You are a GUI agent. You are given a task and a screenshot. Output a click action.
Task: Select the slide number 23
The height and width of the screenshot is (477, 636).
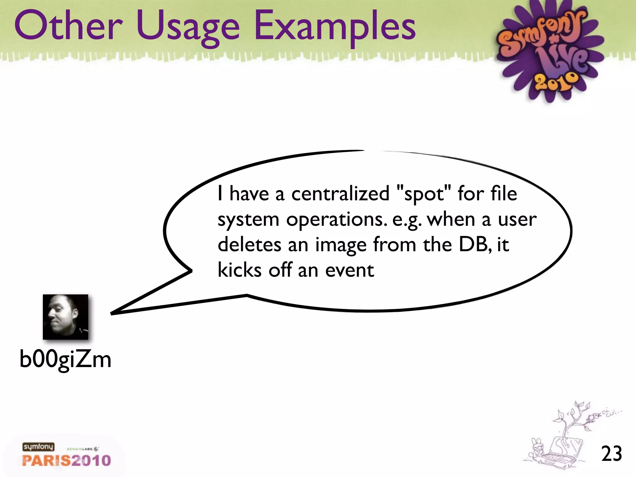point(611,454)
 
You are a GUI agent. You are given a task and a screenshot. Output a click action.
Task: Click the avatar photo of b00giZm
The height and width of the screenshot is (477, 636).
point(66,317)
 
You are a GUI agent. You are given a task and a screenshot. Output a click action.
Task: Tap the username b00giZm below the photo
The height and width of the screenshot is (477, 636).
point(65,360)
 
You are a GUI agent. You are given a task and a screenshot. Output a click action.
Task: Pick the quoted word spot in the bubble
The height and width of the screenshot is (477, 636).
point(424,194)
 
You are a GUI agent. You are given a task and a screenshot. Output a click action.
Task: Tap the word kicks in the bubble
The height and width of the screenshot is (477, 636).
point(239,270)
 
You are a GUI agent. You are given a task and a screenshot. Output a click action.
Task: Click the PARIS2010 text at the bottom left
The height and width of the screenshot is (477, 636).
point(66,460)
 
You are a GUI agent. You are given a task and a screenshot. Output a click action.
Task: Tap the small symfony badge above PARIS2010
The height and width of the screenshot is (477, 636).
point(38,447)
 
